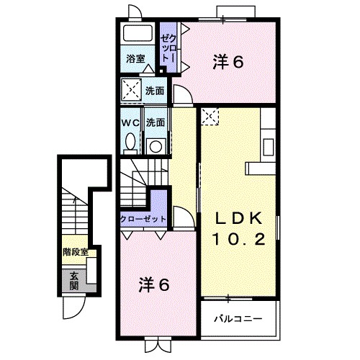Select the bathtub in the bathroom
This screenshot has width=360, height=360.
tap(136, 35)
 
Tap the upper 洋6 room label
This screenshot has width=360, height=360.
tap(228, 63)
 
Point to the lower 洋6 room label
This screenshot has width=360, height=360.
tap(153, 284)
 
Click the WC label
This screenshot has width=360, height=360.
tap(130, 122)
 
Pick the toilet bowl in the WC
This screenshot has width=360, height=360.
tap(130, 143)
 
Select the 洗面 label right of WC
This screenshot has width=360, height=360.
tap(156, 122)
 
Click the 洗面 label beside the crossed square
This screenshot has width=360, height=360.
tap(155, 91)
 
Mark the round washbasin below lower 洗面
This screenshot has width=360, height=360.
tap(155, 145)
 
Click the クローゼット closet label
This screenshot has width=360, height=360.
tap(143, 218)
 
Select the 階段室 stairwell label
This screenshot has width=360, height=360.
tap(75, 252)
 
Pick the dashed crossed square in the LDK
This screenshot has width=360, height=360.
tap(210, 114)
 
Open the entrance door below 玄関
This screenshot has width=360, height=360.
tap(71, 307)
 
